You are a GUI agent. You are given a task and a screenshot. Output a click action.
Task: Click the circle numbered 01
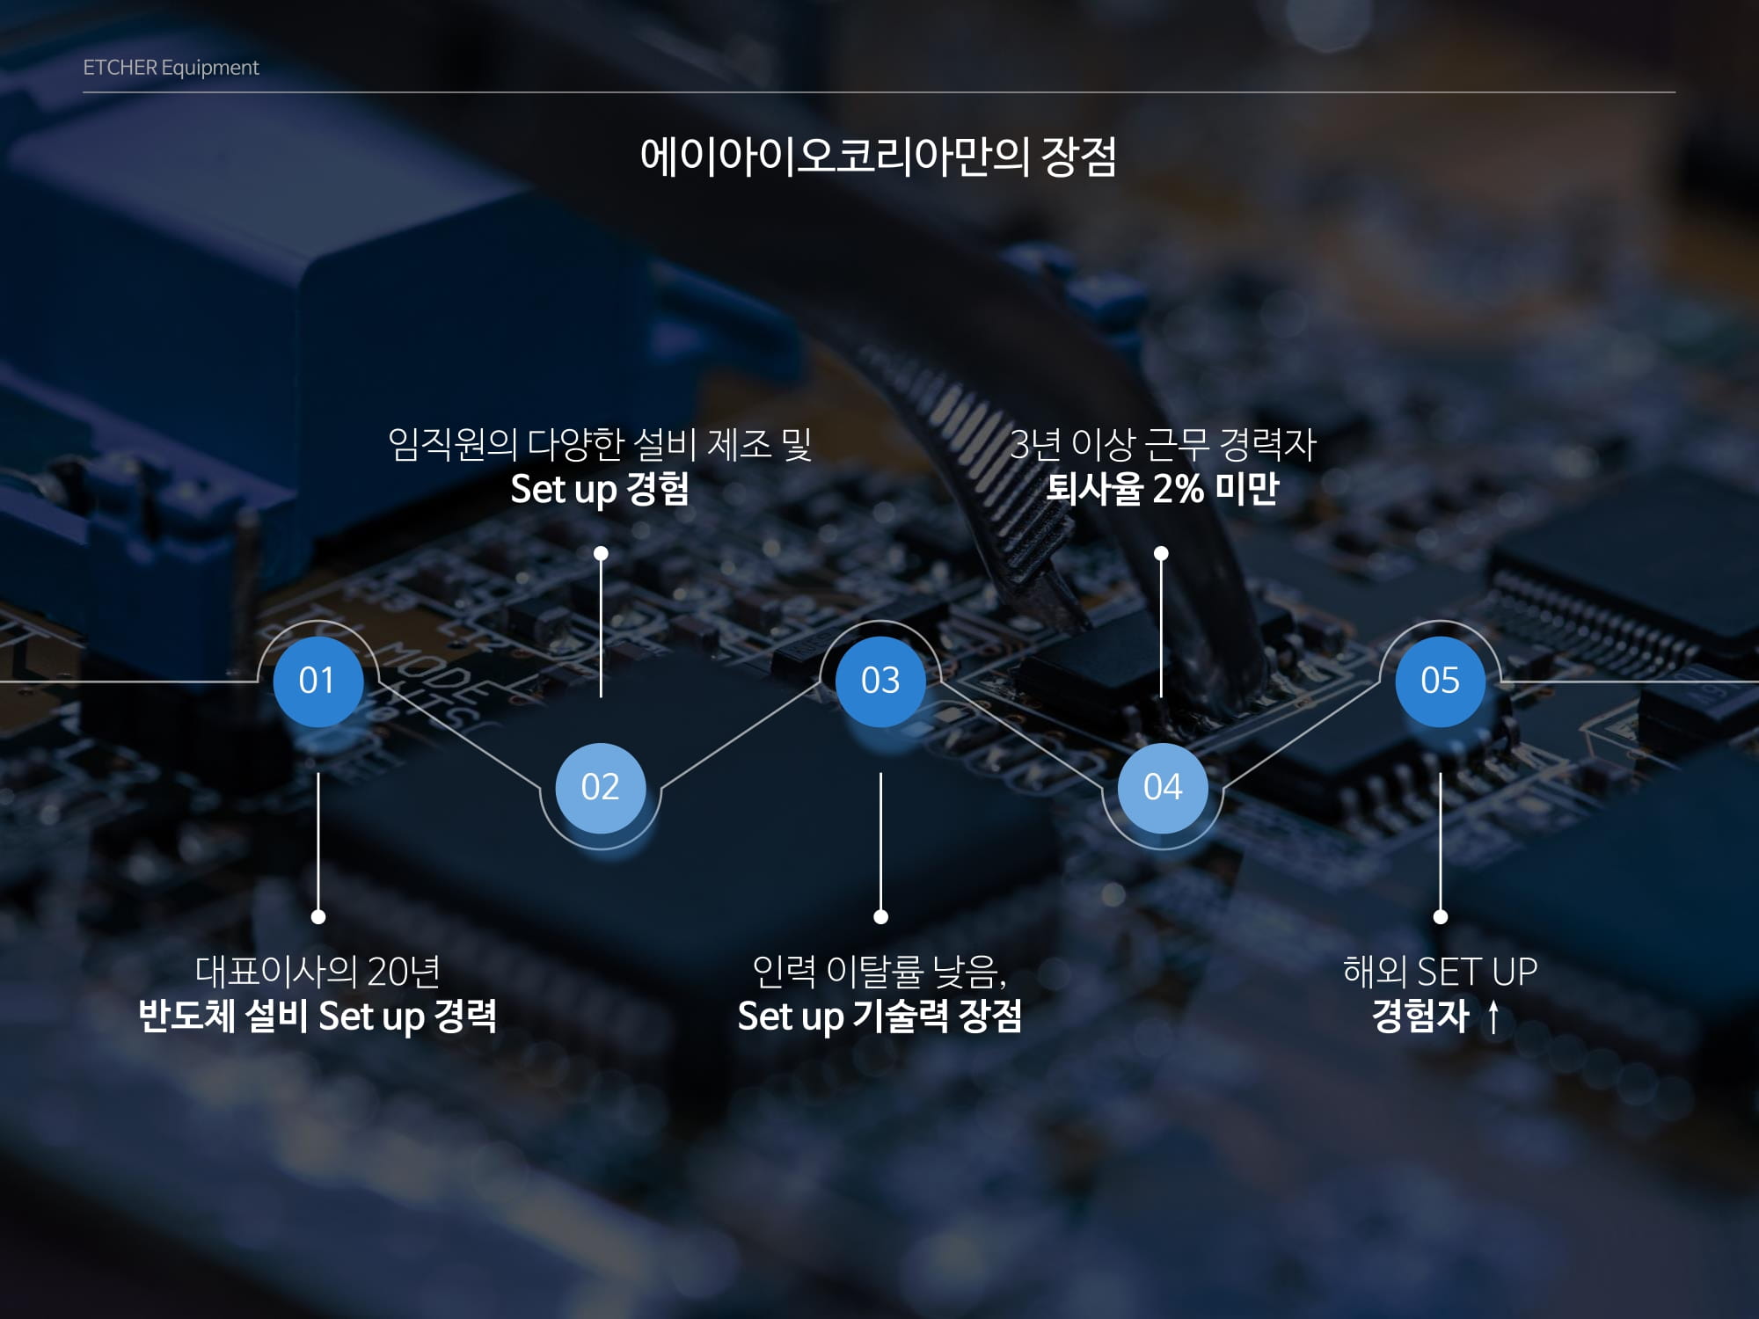(x=317, y=681)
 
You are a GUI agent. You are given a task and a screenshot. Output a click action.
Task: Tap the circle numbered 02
(x=600, y=787)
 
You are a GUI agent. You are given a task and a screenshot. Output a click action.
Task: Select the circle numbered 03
(x=880, y=681)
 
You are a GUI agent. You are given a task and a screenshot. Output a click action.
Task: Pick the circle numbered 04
(x=1162, y=787)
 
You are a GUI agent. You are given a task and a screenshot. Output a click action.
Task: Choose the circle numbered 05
(x=1440, y=681)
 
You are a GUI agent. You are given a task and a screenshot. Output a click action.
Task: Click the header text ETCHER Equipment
(x=171, y=68)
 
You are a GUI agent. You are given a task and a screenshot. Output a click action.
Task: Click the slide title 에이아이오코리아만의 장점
(x=879, y=157)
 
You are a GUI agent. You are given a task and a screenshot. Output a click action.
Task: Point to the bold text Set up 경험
(x=600, y=489)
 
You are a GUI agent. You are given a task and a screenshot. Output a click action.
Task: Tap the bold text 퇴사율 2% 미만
(x=1162, y=489)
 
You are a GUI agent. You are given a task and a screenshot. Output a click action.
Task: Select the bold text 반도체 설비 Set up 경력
(x=317, y=1017)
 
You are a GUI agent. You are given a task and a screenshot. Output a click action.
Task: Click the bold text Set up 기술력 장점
(x=879, y=1017)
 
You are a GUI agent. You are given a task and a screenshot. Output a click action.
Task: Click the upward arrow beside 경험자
(x=1493, y=1018)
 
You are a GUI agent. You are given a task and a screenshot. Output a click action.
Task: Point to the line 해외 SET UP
(x=1440, y=972)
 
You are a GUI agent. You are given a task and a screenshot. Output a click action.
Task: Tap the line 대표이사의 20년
(x=317, y=972)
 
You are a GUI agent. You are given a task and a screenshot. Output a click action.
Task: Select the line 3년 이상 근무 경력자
(x=1162, y=444)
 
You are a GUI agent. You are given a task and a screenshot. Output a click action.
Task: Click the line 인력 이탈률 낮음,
(x=879, y=972)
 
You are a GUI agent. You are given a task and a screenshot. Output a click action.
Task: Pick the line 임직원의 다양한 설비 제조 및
(x=600, y=444)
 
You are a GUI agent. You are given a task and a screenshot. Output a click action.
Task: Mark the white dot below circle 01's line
(x=318, y=917)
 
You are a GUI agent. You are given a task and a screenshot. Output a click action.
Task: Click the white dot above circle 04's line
(x=1161, y=553)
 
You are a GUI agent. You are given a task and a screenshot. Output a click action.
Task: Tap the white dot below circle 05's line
(x=1440, y=917)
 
